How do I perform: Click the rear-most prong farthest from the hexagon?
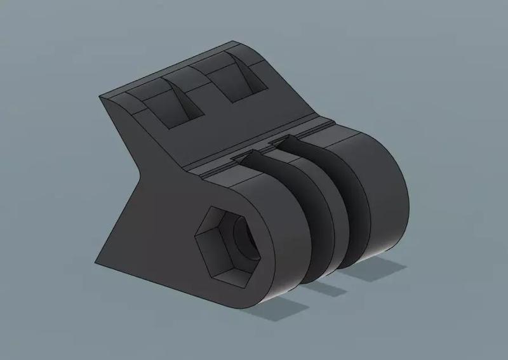tap(381, 190)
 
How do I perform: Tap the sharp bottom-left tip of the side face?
tap(97, 263)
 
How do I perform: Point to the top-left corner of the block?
tap(102, 97)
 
